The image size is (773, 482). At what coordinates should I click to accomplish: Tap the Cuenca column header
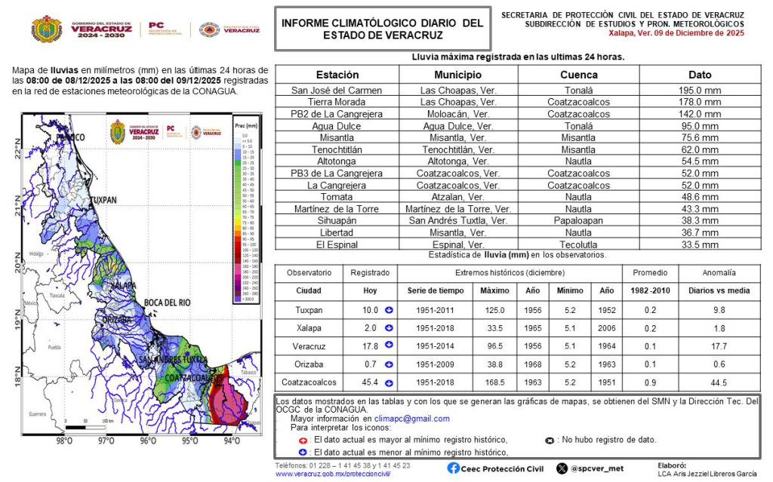pos(578,75)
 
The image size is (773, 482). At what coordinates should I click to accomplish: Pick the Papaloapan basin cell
pos(578,220)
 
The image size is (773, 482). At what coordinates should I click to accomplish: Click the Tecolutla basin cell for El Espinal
pos(578,244)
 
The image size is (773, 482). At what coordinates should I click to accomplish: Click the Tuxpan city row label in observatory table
pos(308,310)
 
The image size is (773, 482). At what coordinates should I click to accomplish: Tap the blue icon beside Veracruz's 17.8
pos(389,345)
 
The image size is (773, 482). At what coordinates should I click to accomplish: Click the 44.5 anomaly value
pos(719,382)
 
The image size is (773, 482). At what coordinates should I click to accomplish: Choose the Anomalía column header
pos(719,272)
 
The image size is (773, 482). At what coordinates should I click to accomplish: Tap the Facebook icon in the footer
pos(453,468)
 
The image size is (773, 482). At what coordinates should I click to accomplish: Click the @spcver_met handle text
pos(597,468)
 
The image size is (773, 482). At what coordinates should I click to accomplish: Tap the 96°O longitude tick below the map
pos(147,441)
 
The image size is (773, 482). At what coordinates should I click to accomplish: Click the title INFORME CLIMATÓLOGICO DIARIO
pos(382,23)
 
